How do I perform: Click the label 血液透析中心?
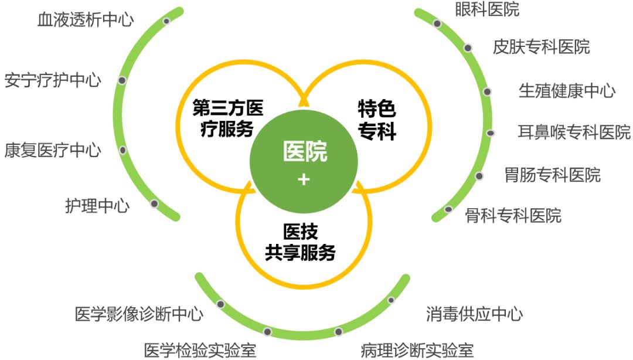point(85,21)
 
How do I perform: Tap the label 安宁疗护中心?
point(53,80)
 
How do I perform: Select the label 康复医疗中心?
point(53,150)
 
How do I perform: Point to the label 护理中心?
point(97,205)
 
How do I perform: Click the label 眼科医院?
point(486,9)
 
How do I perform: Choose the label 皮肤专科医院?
point(541,46)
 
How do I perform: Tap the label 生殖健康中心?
point(567,91)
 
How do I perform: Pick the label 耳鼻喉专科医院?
point(574,131)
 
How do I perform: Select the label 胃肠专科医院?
point(552,174)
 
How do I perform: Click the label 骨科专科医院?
point(513,215)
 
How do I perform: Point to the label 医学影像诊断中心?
point(139,314)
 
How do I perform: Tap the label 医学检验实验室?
point(200,350)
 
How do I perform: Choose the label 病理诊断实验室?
point(417,350)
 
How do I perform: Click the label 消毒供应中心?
point(474,314)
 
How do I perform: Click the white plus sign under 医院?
point(304,179)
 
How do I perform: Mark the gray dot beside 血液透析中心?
point(166,21)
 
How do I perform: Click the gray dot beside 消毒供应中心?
point(391,300)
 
